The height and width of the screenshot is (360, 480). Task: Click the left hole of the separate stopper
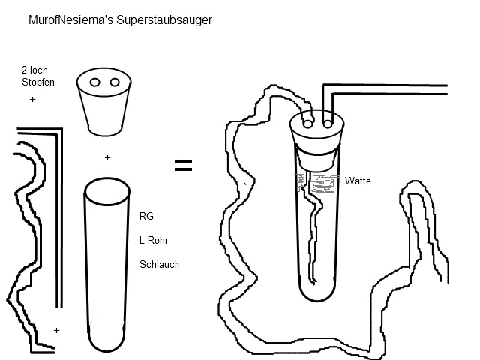pos(95,82)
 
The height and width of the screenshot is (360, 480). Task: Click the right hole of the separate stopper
pos(115,82)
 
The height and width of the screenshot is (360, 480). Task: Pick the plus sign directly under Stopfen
pos(32,99)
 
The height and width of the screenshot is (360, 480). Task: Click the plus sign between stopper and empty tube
pos(108,158)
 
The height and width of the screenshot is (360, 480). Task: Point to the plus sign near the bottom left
pos(56,330)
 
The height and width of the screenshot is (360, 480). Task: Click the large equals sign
pos(183,166)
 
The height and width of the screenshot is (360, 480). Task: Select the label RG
pos(146,216)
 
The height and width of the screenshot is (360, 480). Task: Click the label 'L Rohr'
pos(152,240)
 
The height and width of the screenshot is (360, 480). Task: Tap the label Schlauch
pos(159,265)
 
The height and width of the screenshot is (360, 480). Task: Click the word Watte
pos(358,181)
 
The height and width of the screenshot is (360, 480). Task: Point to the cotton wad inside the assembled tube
pos(319,182)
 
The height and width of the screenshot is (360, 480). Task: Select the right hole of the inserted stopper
pos(327,118)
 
